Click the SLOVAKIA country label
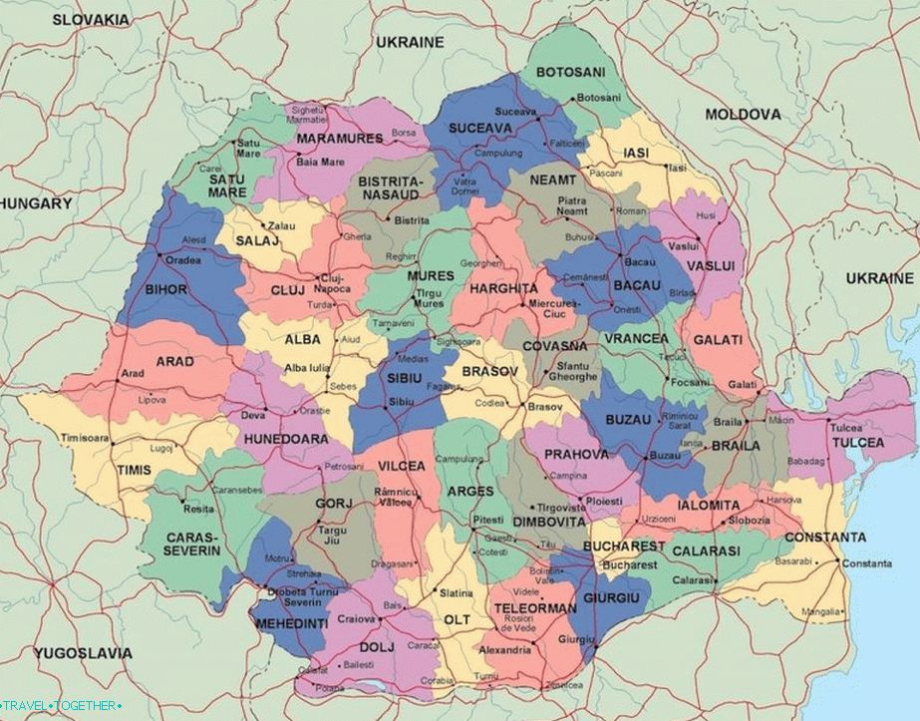[91, 19]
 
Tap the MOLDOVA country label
[743, 115]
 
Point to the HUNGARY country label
[38, 203]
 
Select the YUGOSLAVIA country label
[83, 653]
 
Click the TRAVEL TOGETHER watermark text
[62, 706]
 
